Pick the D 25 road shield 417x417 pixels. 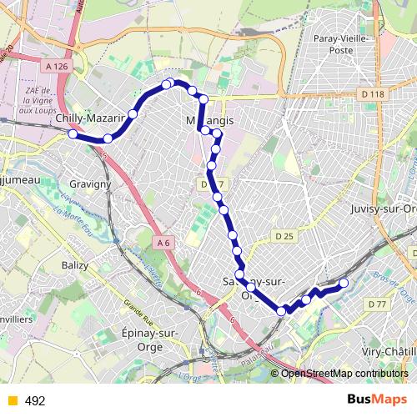(284, 238)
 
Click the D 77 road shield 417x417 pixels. (379, 305)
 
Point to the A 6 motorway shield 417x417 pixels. (165, 242)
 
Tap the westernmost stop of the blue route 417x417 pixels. (73, 133)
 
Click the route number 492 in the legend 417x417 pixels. (35, 401)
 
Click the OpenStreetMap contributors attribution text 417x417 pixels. (341, 374)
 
